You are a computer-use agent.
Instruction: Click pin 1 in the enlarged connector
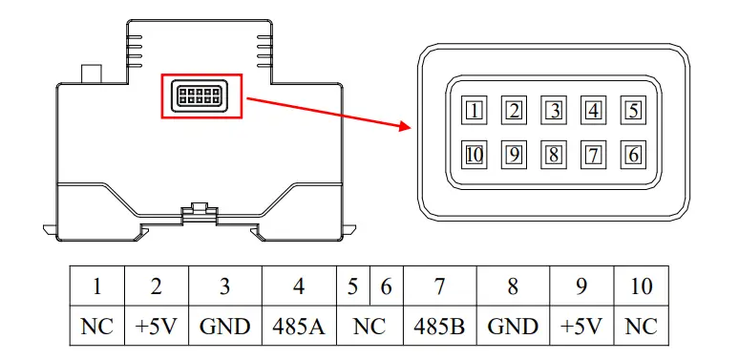(x=475, y=111)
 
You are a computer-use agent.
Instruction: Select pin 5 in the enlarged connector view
(x=633, y=111)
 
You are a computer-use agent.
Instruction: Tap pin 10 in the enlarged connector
(x=475, y=153)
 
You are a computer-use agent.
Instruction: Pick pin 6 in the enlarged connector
(x=633, y=153)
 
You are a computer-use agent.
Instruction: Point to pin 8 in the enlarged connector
(x=554, y=153)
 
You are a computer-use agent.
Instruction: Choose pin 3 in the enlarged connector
(x=554, y=111)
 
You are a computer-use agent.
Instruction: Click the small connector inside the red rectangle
(x=201, y=95)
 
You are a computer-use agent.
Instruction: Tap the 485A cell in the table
(x=300, y=327)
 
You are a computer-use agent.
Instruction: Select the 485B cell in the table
(x=440, y=327)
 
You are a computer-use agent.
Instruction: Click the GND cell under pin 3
(x=225, y=327)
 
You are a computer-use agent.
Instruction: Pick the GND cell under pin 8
(x=513, y=327)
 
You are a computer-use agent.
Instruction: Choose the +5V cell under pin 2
(x=156, y=327)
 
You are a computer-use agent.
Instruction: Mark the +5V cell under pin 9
(x=582, y=327)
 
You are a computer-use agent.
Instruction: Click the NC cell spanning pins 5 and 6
(x=369, y=327)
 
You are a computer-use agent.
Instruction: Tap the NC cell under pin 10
(x=642, y=327)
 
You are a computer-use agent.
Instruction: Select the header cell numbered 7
(x=440, y=286)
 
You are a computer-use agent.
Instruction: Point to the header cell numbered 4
(x=300, y=286)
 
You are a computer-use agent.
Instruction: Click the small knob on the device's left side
(x=93, y=74)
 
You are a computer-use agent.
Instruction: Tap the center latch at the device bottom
(x=200, y=208)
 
